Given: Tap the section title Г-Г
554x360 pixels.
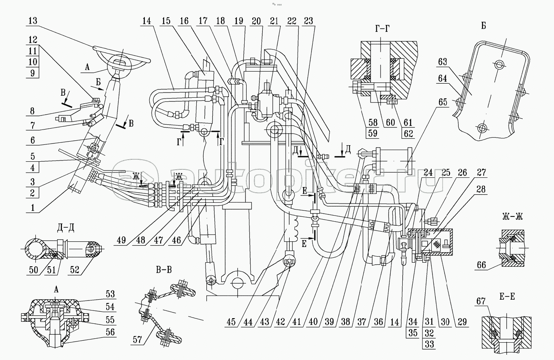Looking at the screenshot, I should (x=380, y=28).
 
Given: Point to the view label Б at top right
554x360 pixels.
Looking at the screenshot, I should (x=483, y=26).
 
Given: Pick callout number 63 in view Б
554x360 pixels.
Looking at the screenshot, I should (x=443, y=62).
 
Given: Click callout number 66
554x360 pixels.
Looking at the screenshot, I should (x=481, y=265).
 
